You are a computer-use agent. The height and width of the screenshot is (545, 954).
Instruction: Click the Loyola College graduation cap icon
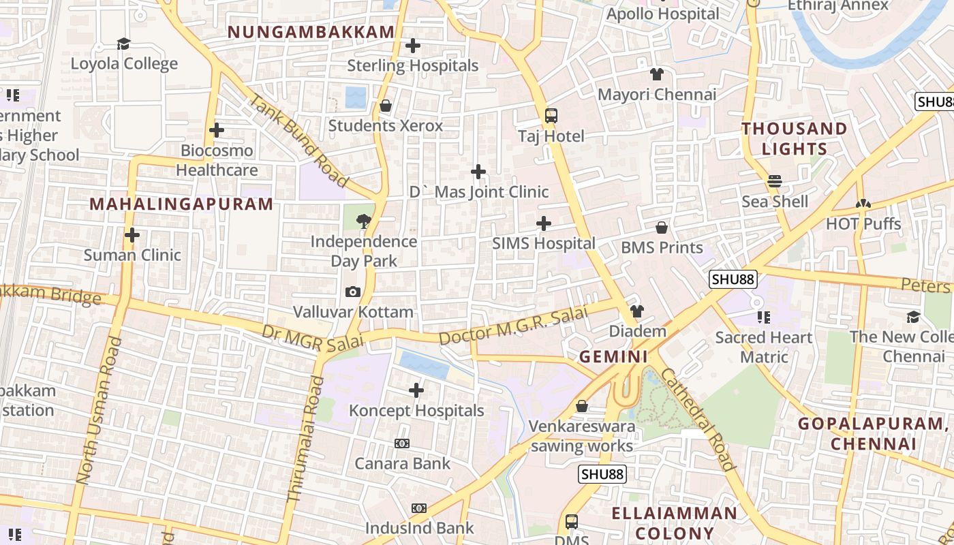tap(123, 44)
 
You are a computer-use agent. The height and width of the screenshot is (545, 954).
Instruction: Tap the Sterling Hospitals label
tap(413, 66)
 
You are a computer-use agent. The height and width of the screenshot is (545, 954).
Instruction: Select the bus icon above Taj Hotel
tap(551, 116)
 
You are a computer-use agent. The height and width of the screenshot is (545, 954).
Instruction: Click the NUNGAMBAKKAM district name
tap(311, 32)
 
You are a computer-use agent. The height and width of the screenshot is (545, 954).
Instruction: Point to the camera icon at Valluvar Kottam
tap(353, 292)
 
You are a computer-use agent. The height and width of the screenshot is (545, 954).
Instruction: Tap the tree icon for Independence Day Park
tap(363, 220)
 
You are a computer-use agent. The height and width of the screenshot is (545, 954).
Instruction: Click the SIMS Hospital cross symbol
tap(544, 223)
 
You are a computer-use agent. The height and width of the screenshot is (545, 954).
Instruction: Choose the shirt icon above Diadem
tap(637, 311)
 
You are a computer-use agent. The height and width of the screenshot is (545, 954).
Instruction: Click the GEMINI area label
tap(614, 356)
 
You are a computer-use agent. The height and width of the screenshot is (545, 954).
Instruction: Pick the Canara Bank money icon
tap(402, 443)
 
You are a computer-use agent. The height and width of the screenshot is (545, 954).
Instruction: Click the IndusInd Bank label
tap(419, 528)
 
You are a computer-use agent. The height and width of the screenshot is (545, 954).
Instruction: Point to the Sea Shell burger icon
tap(775, 181)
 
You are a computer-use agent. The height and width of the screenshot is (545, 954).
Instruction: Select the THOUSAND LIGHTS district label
tap(795, 138)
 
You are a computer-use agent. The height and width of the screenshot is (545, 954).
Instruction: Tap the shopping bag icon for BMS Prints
tap(662, 228)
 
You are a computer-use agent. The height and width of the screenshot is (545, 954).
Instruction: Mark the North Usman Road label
tap(99, 411)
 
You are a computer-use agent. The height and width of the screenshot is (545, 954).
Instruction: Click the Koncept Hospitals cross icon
tap(416, 390)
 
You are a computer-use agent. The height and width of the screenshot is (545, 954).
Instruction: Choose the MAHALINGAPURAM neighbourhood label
tap(181, 204)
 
